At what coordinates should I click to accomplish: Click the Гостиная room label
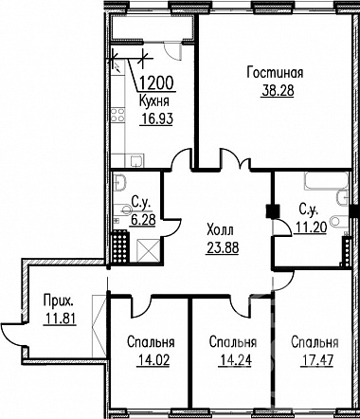(275, 73)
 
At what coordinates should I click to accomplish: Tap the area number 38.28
(278, 90)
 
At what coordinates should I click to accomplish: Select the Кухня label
(154, 101)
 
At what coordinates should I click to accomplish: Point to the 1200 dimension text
(156, 83)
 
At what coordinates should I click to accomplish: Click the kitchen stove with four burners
(117, 115)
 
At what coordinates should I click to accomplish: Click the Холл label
(221, 230)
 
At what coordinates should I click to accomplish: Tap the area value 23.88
(223, 247)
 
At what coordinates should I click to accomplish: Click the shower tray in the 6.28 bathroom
(149, 250)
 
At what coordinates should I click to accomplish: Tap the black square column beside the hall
(273, 211)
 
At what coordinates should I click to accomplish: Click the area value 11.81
(60, 319)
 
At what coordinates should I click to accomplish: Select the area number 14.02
(153, 359)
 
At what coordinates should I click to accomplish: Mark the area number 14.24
(235, 359)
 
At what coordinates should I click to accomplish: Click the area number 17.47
(317, 359)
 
